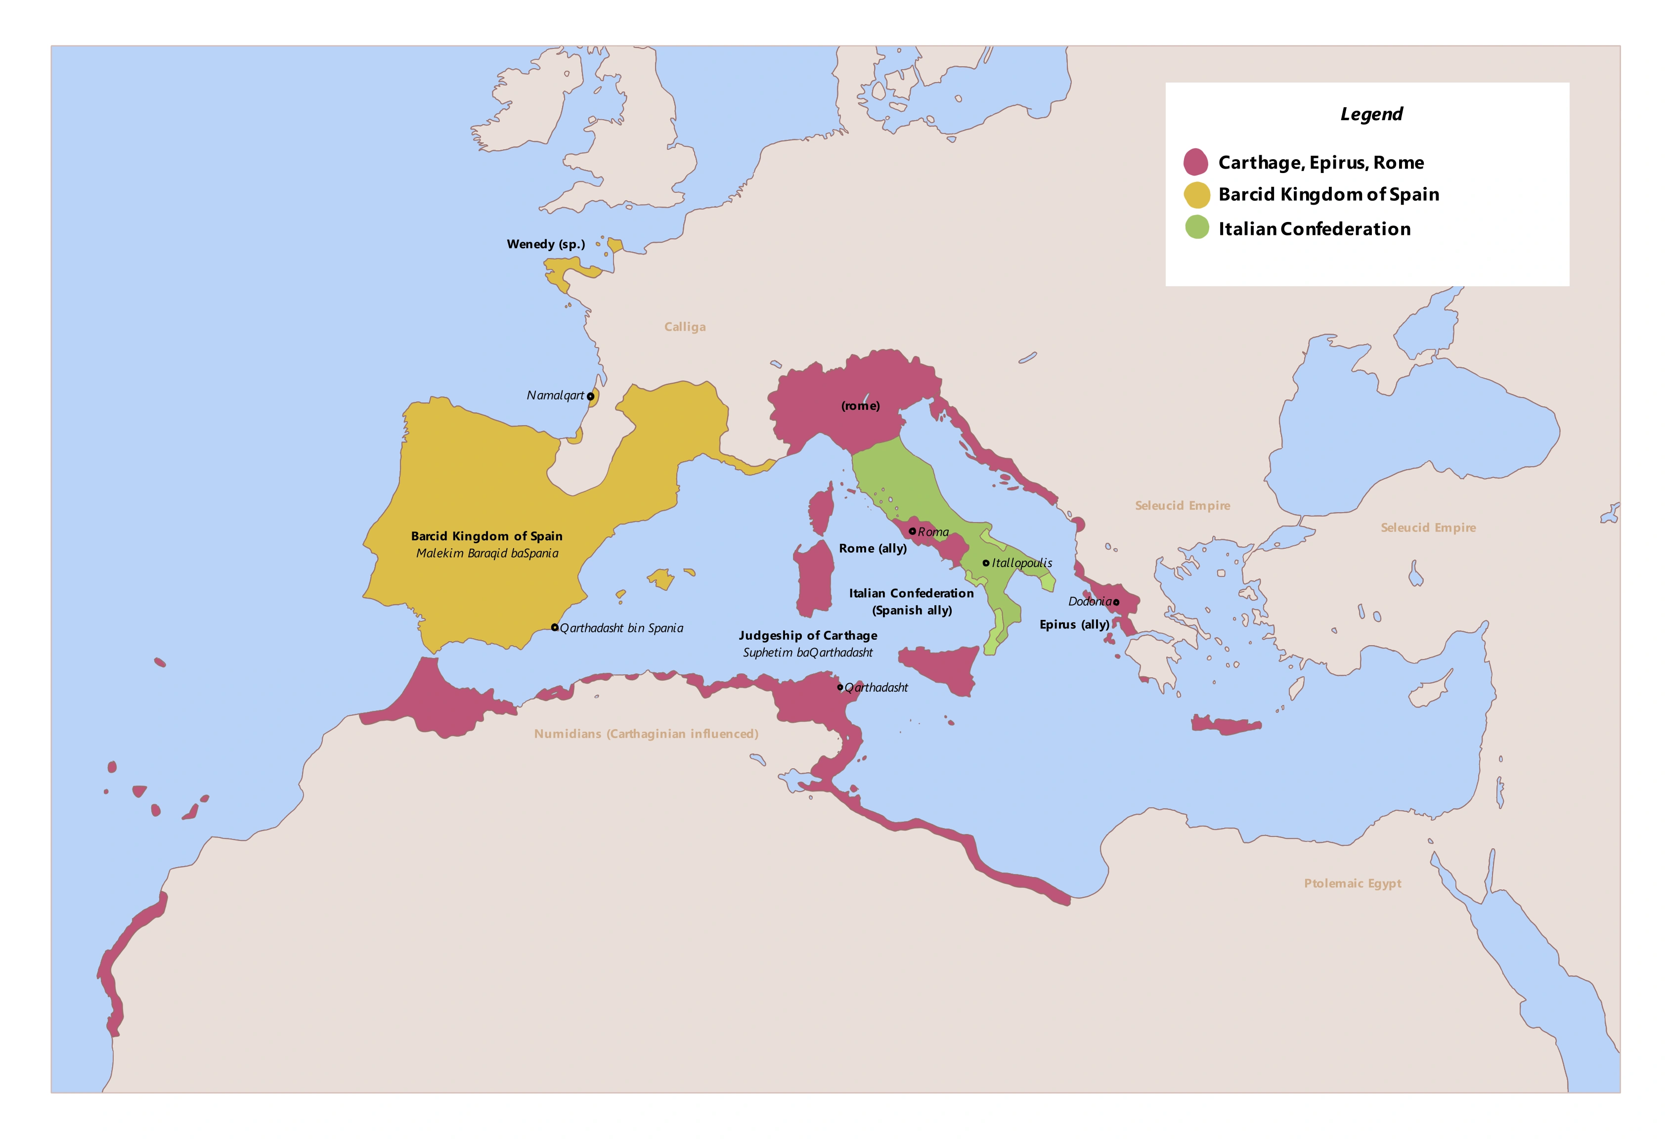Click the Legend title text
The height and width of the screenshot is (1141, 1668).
coord(1371,114)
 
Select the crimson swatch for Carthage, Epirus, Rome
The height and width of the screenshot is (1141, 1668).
coord(1196,162)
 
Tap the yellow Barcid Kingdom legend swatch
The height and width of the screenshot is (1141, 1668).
coord(1196,194)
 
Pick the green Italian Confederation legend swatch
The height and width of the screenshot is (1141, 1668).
coord(1196,228)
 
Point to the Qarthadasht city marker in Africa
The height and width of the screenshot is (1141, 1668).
coord(840,687)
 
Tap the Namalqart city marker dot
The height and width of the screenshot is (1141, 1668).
coord(590,396)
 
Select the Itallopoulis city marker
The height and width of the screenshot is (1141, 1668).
coord(986,563)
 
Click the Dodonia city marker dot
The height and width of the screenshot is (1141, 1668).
coord(1116,602)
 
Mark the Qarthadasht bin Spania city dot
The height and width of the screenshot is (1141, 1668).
coord(555,627)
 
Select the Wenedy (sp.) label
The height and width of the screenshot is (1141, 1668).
coord(545,244)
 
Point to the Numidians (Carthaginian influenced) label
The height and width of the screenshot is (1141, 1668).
coord(646,734)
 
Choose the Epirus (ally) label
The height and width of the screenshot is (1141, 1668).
coord(1074,624)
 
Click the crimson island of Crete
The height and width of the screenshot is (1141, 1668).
coord(1226,725)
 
